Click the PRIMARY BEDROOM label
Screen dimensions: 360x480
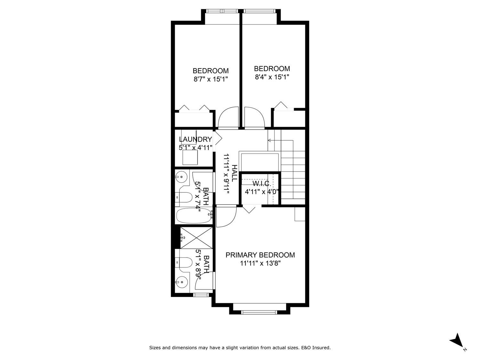260,255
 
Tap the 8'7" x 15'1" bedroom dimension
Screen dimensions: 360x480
210,79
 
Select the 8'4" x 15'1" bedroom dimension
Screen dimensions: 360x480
272,77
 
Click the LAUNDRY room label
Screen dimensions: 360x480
195,139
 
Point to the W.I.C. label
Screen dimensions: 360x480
262,184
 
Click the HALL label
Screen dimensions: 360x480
234,173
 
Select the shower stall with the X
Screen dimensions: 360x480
196,238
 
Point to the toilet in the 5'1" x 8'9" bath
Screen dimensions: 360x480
184,262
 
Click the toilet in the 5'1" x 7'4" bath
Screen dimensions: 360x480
184,197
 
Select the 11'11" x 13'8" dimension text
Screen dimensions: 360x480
260,263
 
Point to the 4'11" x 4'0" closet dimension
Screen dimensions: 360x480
262,192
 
